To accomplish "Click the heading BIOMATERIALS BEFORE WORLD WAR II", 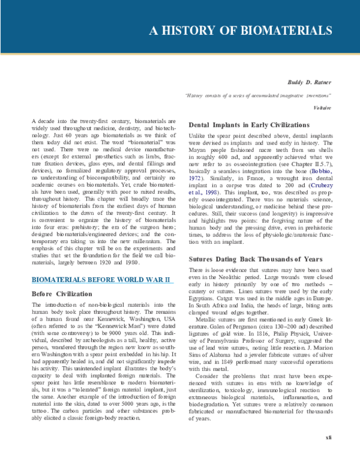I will [101, 280].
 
